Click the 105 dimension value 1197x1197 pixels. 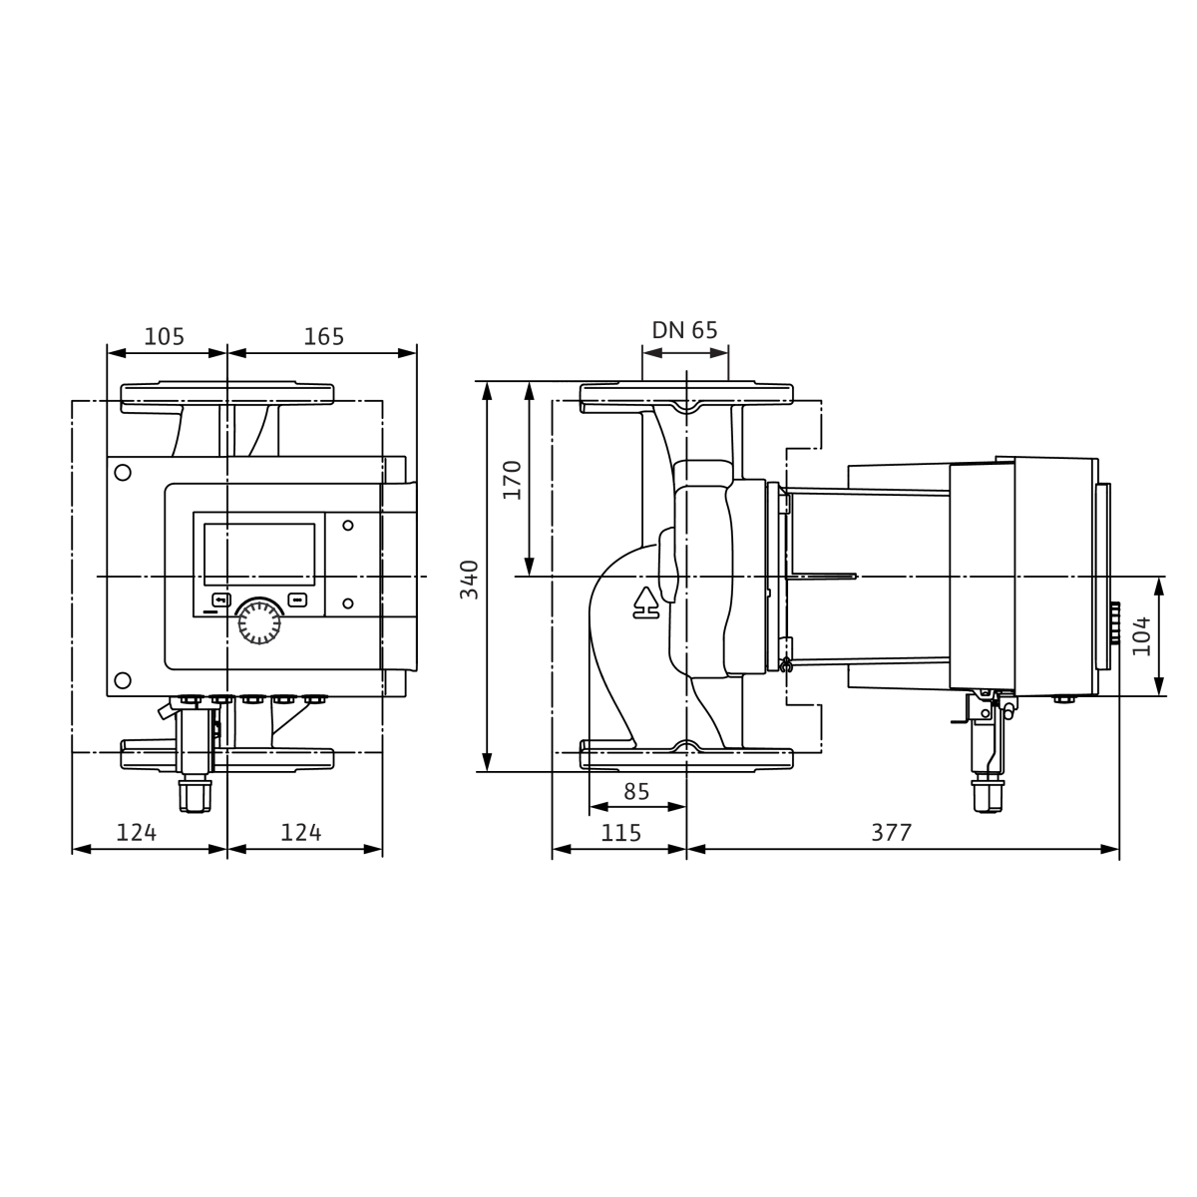(164, 337)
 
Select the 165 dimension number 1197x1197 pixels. (323, 337)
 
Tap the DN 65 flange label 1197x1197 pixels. (684, 330)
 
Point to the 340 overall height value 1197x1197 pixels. (470, 580)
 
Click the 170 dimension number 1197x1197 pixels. (513, 480)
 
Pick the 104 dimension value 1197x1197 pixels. (1142, 636)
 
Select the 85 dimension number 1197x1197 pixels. (636, 791)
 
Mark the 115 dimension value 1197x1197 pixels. (620, 833)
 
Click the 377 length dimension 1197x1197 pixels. (892, 832)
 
